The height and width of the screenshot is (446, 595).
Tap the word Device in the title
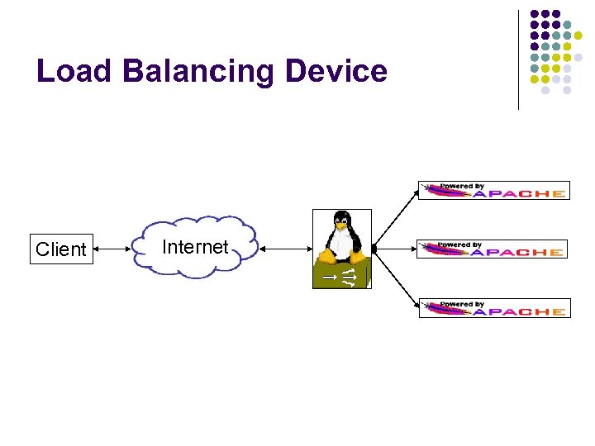coord(336,71)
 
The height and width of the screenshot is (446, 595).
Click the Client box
coord(60,249)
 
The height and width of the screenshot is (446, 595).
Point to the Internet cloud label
coord(195,247)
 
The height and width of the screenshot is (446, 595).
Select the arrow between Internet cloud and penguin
coord(283,248)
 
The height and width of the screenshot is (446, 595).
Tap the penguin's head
coord(340,221)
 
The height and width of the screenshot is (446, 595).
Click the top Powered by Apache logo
coord(493,190)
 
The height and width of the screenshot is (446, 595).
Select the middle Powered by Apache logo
coord(491,249)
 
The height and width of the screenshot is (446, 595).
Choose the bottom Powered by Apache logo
coord(493,308)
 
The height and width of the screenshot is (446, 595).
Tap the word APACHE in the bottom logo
coord(520,312)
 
